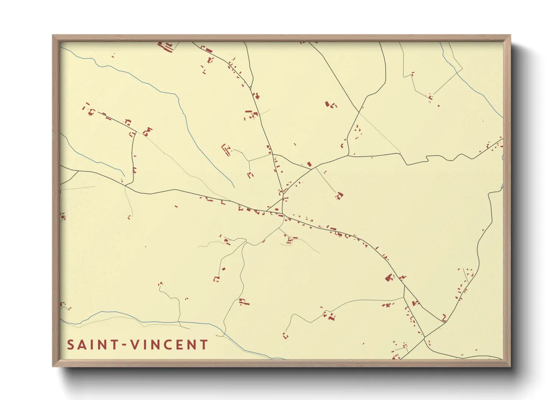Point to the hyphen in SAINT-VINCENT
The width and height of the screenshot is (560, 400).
coord(124,345)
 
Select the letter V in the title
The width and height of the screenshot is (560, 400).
coord(133,345)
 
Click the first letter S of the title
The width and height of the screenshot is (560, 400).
coord(70,345)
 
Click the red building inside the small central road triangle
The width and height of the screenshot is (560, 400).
coord(277,209)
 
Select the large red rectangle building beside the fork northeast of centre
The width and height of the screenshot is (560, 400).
coord(309,164)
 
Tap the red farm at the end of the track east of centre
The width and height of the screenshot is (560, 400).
coord(339,195)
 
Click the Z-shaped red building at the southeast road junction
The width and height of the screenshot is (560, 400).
coord(444,318)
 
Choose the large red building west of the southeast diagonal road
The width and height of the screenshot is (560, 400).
coord(389,278)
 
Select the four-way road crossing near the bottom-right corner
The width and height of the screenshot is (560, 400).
coord(425,336)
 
